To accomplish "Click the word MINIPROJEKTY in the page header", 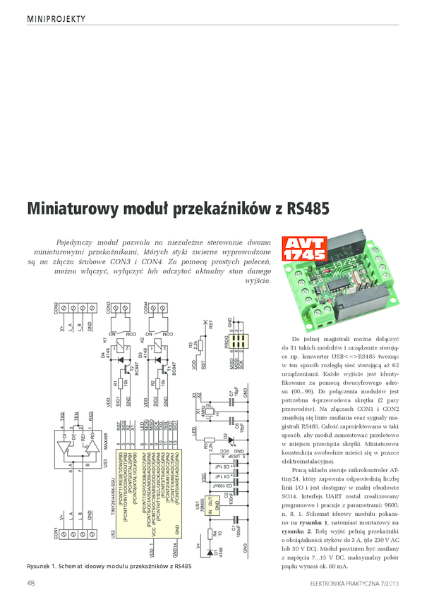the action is [x=56, y=17].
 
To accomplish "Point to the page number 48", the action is [x=32, y=583].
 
